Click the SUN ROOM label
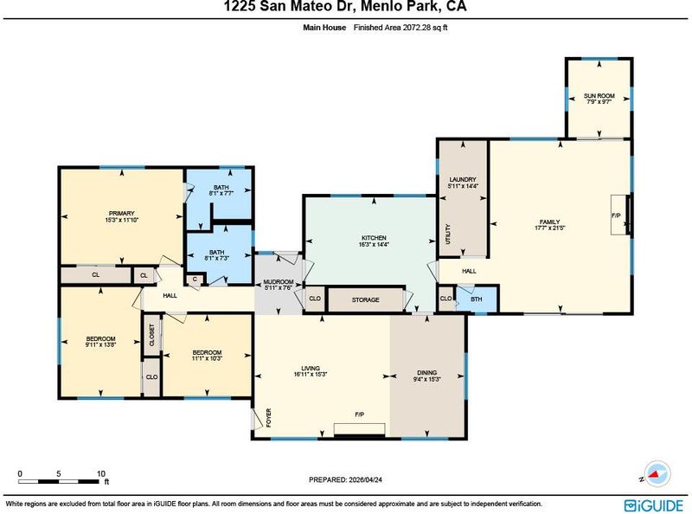599,95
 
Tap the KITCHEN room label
374,238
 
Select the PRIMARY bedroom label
121,213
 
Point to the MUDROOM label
279,282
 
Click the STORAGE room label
365,299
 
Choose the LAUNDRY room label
463,179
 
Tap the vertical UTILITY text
448,234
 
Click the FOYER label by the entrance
268,418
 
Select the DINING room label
426,372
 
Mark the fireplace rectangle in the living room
359,429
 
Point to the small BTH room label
477,299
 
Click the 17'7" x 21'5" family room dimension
550,228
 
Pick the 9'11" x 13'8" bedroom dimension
100,345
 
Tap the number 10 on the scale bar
101,474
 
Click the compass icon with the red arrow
657,474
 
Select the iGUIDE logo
654,505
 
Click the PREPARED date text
345,479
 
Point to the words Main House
324,28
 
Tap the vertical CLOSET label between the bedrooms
152,335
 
